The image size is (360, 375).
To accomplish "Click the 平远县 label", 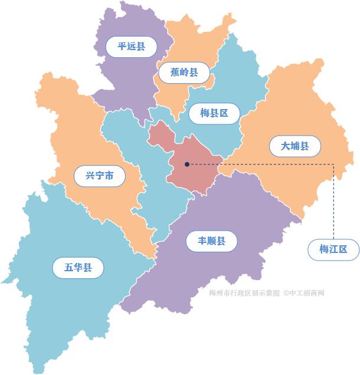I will click(131, 47).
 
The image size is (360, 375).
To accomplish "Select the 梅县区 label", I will click(214, 113).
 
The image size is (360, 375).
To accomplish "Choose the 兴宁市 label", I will click(100, 176).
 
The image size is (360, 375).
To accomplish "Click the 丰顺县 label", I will click(212, 241).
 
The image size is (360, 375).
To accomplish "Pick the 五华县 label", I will click(78, 268).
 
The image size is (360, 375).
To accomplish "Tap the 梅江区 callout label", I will click(334, 249).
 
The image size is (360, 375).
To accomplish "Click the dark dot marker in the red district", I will click(187, 164).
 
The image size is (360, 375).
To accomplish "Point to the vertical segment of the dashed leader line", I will click(334, 200).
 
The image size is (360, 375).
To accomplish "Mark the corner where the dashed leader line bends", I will click(334, 164).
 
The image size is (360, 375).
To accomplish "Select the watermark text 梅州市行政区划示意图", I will click(244, 292).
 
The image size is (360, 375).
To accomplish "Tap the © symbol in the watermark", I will click(286, 292).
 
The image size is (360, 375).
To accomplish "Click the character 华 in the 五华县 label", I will click(78, 268).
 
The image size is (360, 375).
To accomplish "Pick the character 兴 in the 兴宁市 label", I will click(90, 176).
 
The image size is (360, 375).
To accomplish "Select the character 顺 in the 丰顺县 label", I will click(212, 241).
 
